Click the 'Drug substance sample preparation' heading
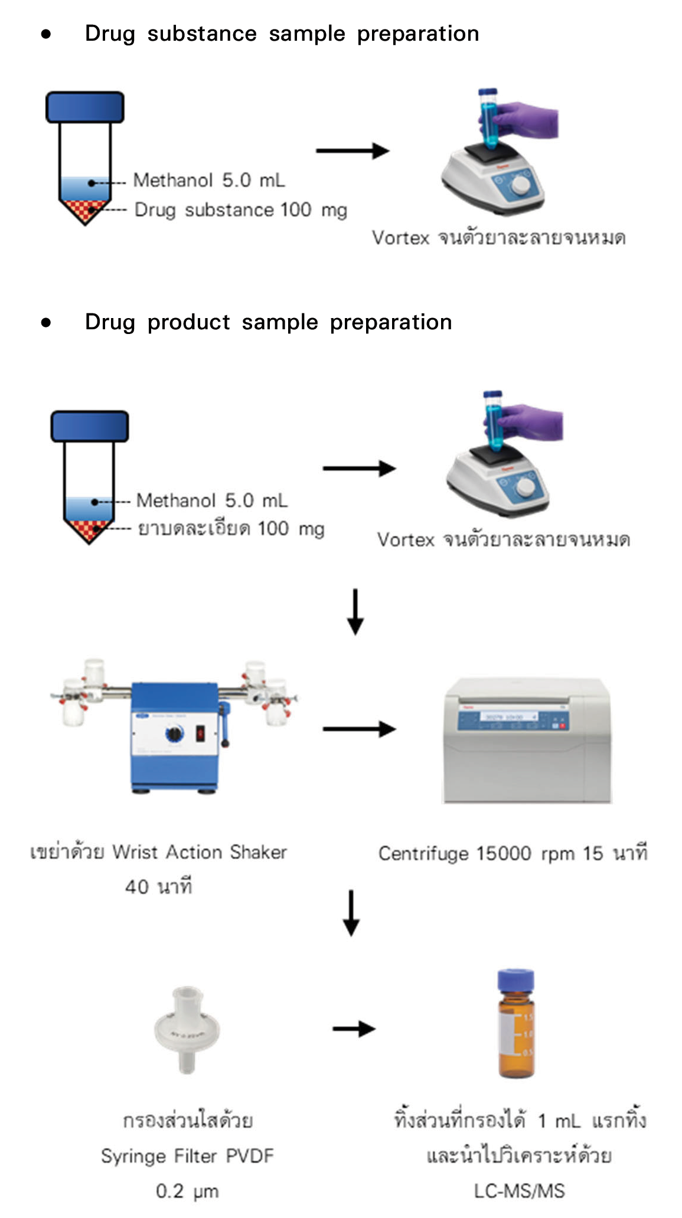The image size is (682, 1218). [x=282, y=34]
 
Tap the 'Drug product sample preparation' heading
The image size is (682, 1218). [x=268, y=322]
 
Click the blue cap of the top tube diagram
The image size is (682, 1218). [x=85, y=107]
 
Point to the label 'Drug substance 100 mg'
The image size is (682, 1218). [x=240, y=210]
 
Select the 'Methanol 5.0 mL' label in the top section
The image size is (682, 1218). [x=209, y=180]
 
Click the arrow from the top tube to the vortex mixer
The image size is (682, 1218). [x=352, y=151]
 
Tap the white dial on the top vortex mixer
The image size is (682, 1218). [x=520, y=185]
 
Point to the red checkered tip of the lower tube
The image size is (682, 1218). [x=89, y=529]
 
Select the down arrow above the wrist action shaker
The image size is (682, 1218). [x=355, y=611]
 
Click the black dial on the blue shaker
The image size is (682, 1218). [x=175, y=734]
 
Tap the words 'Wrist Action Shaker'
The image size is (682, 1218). [x=200, y=852]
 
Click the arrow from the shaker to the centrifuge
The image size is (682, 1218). [x=358, y=729]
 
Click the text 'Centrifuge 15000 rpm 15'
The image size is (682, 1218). [x=490, y=853]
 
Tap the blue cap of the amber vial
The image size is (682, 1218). [x=515, y=980]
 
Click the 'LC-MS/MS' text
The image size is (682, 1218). [x=519, y=1191]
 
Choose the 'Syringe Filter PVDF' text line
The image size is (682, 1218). [x=187, y=1156]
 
